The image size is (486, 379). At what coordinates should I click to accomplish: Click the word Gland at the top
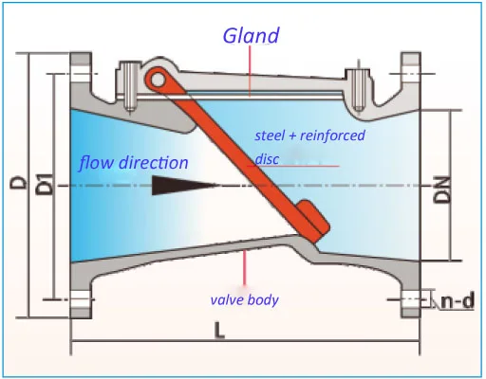252,36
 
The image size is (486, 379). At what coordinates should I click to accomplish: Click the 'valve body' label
244,300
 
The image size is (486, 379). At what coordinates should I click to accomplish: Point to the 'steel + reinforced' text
309,135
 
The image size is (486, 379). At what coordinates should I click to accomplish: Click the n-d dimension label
458,302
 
